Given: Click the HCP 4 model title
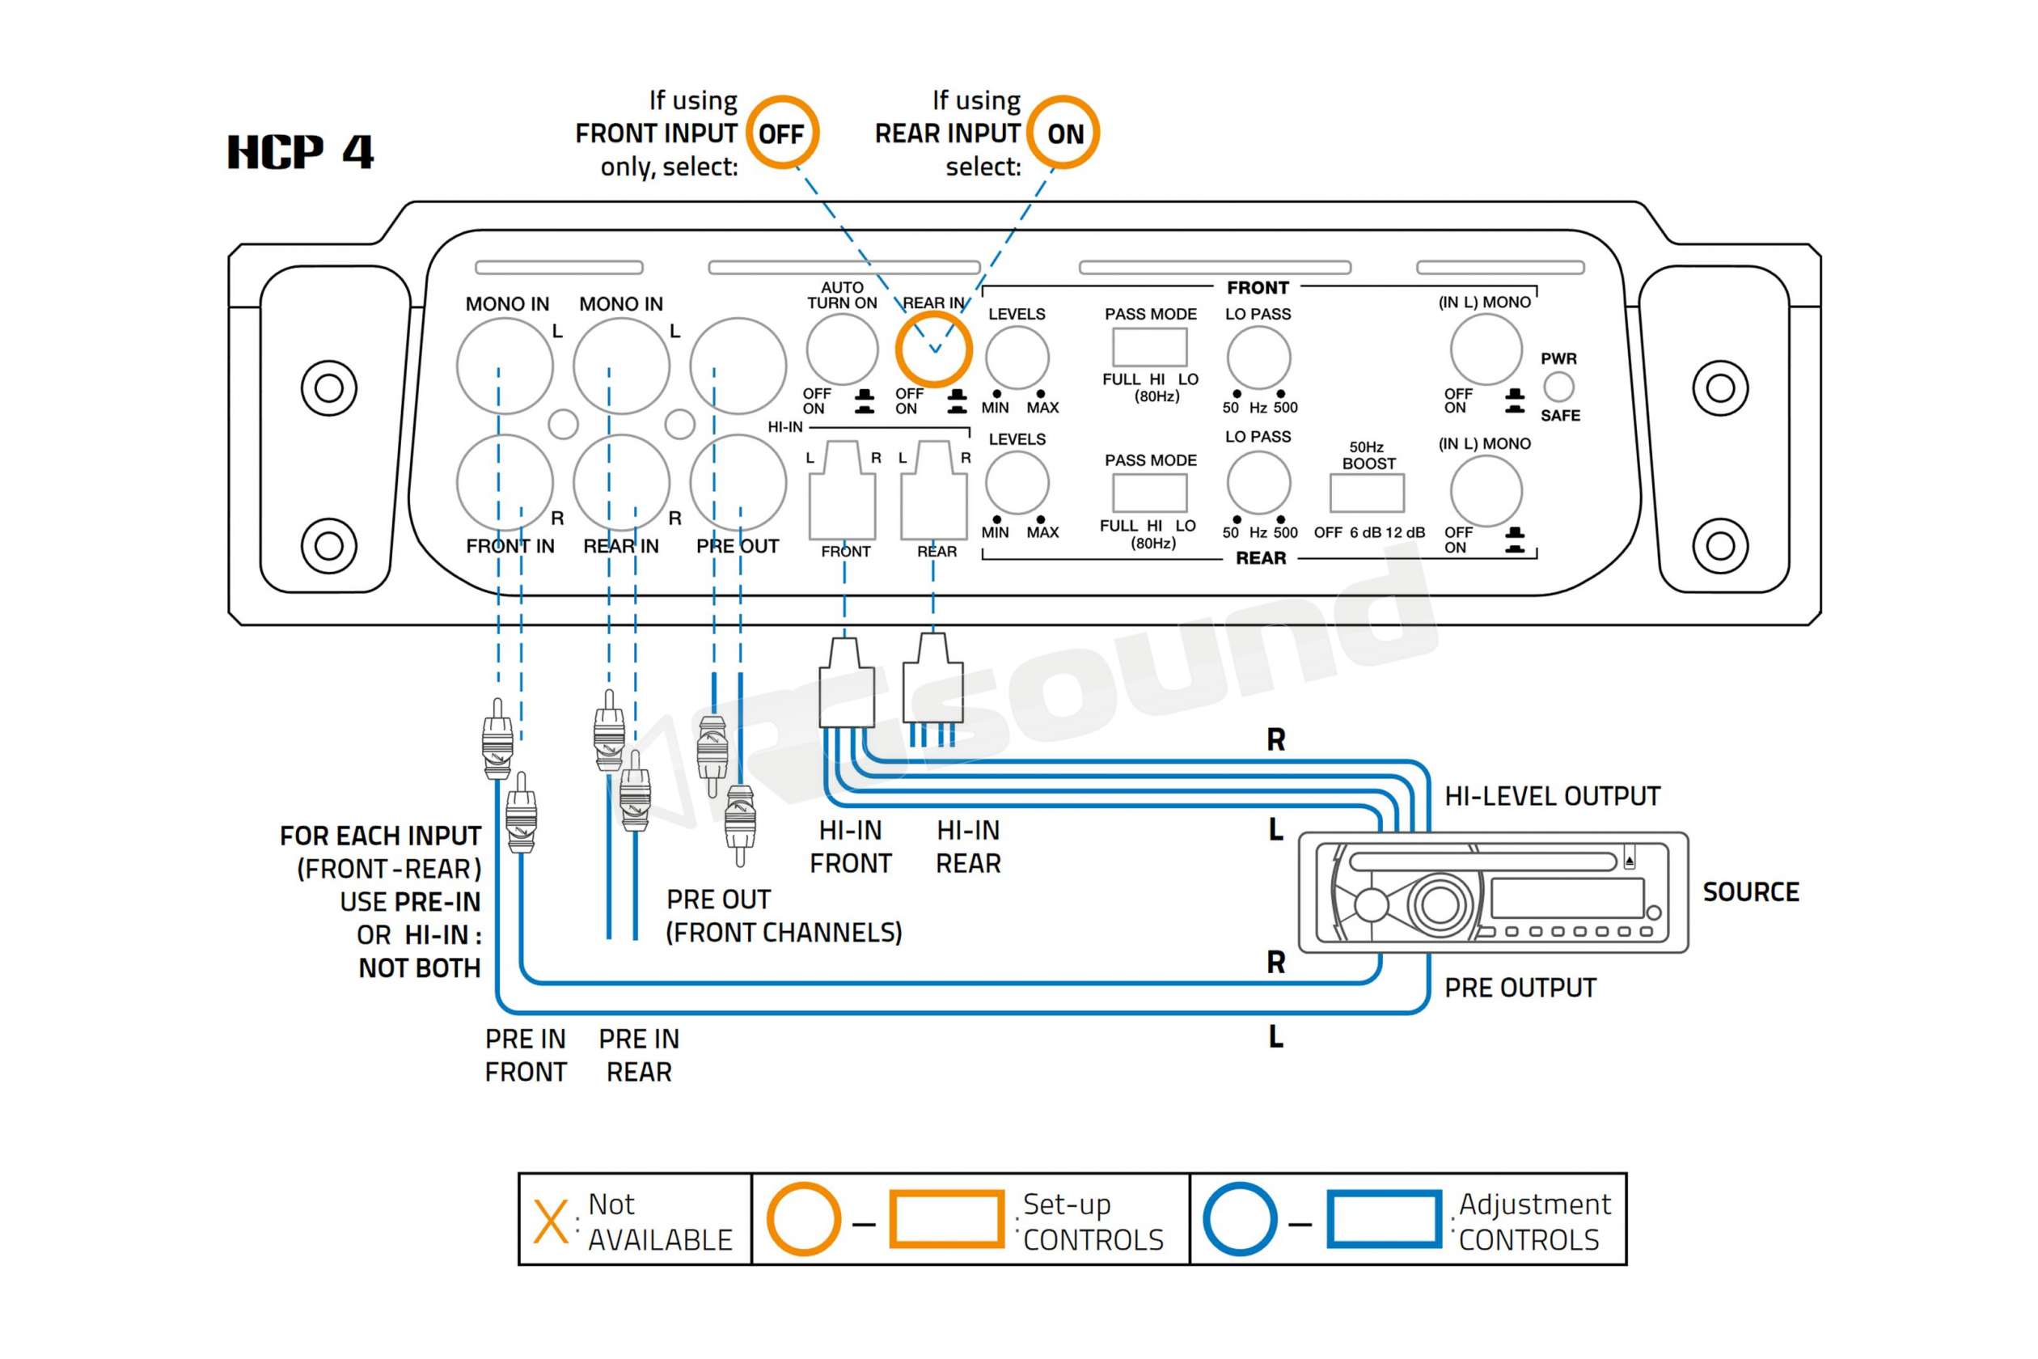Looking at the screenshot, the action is point(300,153).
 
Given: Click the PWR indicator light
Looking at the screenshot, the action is point(1559,387).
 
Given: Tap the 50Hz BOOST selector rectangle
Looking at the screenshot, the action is point(1367,493).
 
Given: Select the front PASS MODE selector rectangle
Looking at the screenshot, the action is point(1150,348).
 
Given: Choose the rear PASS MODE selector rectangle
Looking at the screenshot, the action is point(1150,494).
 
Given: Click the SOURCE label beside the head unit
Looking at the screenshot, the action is point(1750,891).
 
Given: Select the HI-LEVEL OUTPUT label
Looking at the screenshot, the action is point(1552,796).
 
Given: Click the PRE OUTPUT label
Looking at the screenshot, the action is point(1520,987).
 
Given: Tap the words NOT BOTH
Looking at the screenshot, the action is point(420,967).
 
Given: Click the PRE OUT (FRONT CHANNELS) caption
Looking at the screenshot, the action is point(784,916).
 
